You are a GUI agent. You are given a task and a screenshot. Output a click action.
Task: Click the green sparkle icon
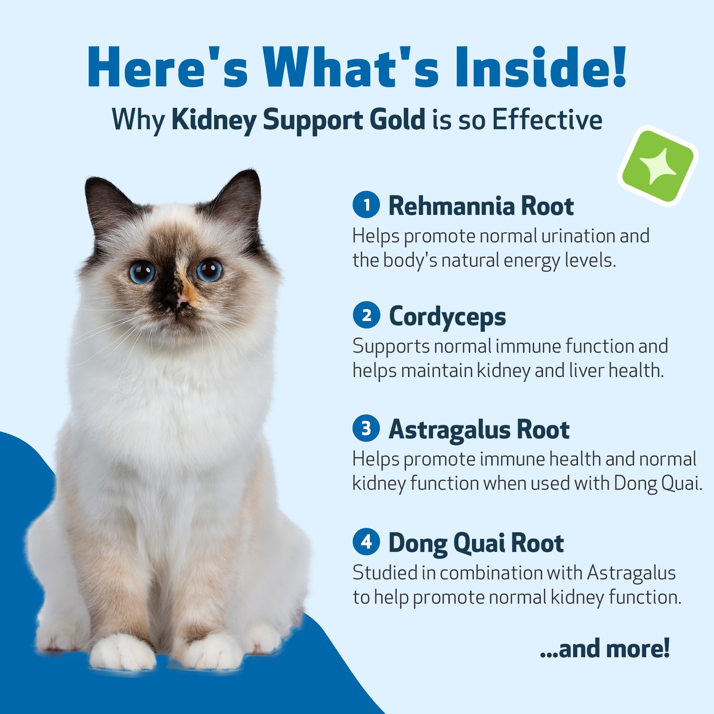click(658, 166)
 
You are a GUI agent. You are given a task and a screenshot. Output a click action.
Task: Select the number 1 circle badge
click(366, 204)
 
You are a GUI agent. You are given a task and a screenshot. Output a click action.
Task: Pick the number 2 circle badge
click(366, 315)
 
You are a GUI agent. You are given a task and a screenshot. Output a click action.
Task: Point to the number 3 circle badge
click(366, 428)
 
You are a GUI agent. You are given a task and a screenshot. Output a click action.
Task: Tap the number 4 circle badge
click(366, 542)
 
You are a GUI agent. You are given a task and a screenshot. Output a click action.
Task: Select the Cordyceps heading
click(447, 317)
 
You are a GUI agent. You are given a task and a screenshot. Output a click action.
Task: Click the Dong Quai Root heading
click(476, 543)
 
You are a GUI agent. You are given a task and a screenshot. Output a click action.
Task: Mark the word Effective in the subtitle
click(547, 119)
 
